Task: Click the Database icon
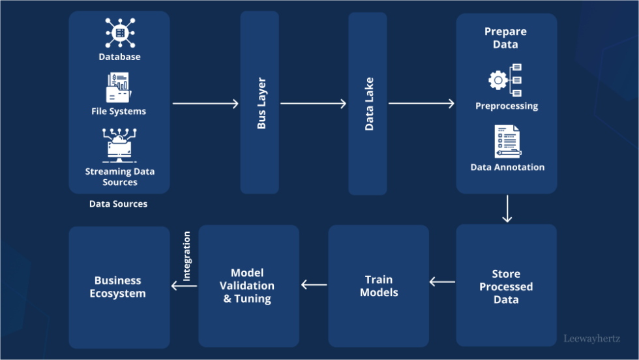coord(119,33)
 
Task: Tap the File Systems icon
coord(119,88)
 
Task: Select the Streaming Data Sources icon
coord(119,145)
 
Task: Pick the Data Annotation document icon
coord(507,142)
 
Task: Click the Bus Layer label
coord(261,104)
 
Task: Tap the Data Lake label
coord(369,104)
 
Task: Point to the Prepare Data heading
coord(505,38)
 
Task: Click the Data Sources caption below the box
coord(118,204)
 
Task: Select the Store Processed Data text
coord(506,287)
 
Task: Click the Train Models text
coord(379,286)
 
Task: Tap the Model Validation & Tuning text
coord(247,286)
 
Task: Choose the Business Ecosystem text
coord(118,287)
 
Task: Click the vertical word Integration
coord(187,256)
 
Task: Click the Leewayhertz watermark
coord(591,338)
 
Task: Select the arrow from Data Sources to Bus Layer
coord(205,103)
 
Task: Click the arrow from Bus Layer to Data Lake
coord(313,103)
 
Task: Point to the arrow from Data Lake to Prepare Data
coord(421,103)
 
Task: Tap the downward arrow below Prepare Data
coord(507,209)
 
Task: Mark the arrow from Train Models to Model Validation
coord(314,284)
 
